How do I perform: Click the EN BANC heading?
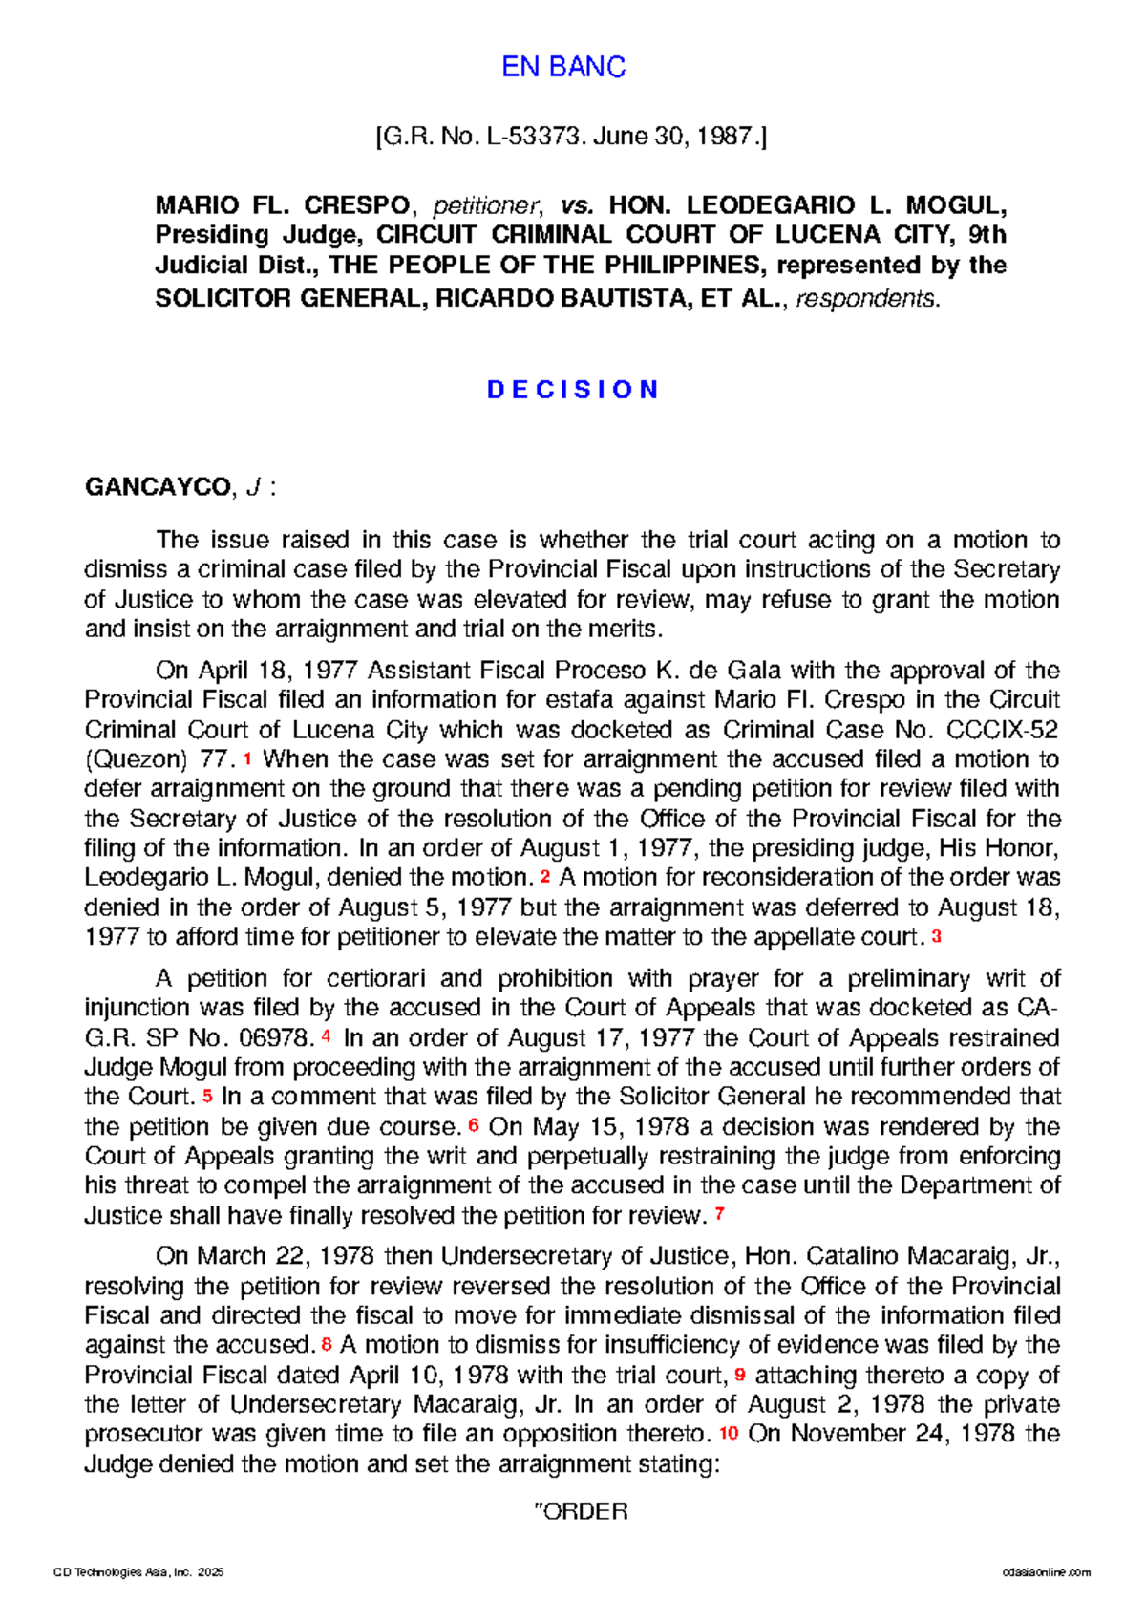tap(563, 67)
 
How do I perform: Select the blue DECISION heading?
tap(573, 390)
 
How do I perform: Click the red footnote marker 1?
tap(248, 758)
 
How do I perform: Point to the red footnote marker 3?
tap(936, 937)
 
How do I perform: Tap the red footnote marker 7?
tap(719, 1215)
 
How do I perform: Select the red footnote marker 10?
tap(729, 1433)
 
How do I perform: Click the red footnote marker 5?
tap(207, 1096)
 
